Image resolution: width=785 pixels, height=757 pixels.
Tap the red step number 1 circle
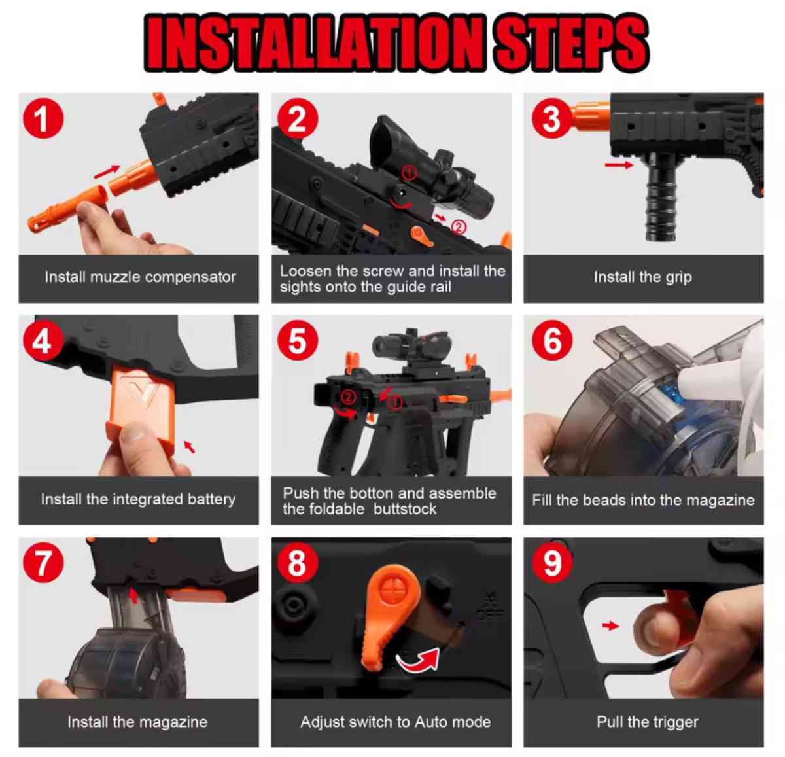43,120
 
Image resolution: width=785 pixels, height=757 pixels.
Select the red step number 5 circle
296,341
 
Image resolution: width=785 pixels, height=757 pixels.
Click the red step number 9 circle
551,563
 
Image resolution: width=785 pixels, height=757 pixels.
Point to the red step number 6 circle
551,341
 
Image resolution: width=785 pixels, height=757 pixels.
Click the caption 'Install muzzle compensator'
140,277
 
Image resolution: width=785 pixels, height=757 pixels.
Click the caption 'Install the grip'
642,277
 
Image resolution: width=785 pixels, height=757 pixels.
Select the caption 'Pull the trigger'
647,722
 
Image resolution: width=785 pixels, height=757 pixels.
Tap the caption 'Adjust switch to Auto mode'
395,722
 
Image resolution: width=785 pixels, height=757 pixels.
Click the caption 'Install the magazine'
137,722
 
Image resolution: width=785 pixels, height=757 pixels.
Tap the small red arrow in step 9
610,626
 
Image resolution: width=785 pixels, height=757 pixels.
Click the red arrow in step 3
618,165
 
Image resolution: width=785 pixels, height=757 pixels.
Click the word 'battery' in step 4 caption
211,499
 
